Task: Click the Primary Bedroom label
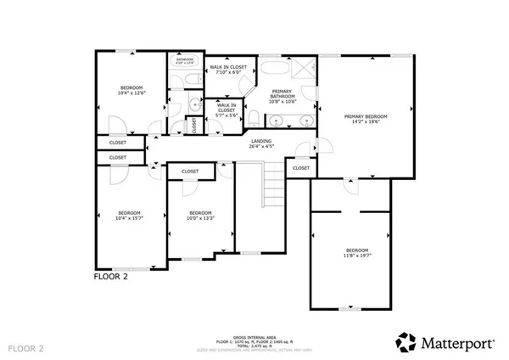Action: click(x=366, y=115)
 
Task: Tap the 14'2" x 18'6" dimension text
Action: click(x=366, y=121)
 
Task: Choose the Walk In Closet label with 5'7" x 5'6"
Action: click(x=227, y=108)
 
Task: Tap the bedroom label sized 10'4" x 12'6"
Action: click(x=130, y=87)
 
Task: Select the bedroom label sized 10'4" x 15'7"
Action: click(x=129, y=212)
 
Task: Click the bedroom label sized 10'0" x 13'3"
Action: click(x=199, y=212)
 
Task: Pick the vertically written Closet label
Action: click(x=194, y=125)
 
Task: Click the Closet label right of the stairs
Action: click(x=301, y=168)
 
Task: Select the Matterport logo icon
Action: click(x=405, y=341)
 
